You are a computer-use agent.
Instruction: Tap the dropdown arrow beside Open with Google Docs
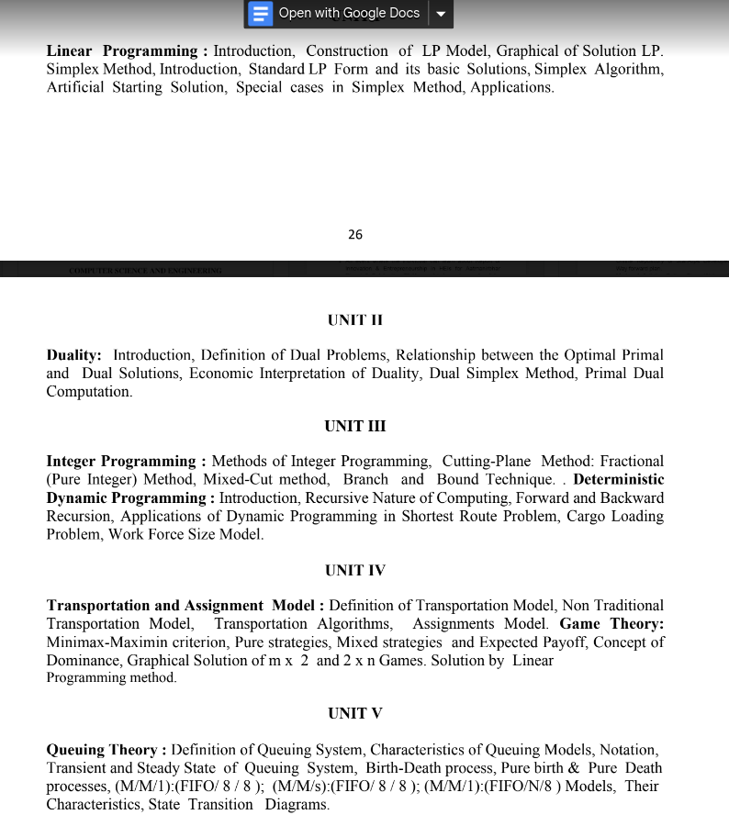441,14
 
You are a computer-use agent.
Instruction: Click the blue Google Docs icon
261,14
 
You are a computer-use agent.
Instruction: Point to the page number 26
355,235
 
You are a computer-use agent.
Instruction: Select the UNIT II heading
354,320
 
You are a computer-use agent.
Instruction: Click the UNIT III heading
354,427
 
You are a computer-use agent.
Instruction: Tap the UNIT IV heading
354,571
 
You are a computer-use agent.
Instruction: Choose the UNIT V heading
354,714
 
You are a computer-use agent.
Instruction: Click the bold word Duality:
74,355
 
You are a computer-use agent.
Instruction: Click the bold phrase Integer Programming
121,462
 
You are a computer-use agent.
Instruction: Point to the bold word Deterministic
618,480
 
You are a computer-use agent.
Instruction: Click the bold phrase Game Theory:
611,624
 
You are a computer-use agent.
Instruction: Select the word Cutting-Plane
486,462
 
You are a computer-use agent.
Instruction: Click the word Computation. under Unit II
89,392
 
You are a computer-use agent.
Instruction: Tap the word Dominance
83,661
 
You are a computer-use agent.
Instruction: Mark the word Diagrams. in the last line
297,805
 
